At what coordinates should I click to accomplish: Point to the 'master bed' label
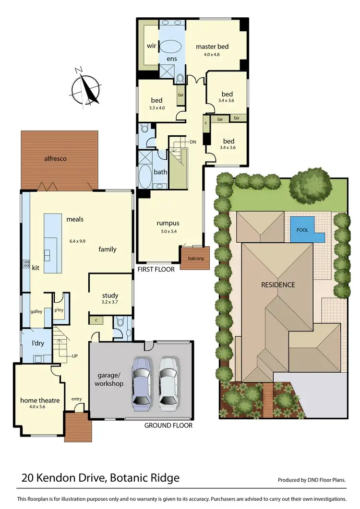tap(212, 47)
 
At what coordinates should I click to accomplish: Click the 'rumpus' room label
tap(168, 223)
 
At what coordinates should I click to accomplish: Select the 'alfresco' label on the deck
tap(55, 158)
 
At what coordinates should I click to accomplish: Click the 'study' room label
tap(110, 296)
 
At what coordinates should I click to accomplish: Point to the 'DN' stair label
tap(193, 142)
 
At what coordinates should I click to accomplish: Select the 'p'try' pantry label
tap(60, 310)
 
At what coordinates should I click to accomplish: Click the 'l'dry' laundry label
tap(32, 344)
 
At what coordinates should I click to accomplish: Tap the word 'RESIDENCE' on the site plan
tap(277, 284)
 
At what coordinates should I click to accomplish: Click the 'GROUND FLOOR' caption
tap(168, 426)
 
